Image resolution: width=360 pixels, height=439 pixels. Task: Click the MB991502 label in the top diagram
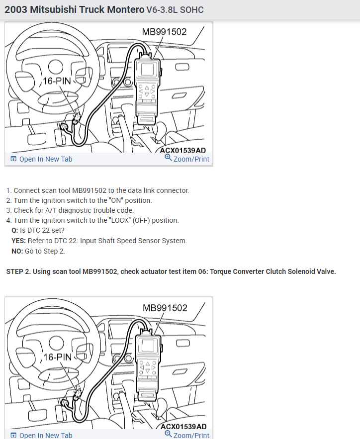pyautogui.click(x=164, y=32)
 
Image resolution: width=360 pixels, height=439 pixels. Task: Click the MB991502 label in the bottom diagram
pyautogui.click(x=165, y=308)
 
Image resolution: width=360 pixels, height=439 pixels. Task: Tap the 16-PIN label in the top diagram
pyautogui.click(x=57, y=81)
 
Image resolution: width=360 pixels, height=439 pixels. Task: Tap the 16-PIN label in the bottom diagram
pyautogui.click(x=58, y=357)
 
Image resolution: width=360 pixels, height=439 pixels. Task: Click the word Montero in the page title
pyautogui.click(x=126, y=9)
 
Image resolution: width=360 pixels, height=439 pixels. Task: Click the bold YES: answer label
pyautogui.click(x=18, y=241)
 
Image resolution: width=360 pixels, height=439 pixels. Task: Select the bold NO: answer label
pyautogui.click(x=17, y=251)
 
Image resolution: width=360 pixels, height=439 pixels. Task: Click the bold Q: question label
pyautogui.click(x=14, y=230)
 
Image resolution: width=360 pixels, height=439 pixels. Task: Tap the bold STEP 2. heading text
pyautogui.click(x=18, y=271)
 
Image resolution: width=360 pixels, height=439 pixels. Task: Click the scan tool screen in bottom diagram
pyautogui.click(x=148, y=346)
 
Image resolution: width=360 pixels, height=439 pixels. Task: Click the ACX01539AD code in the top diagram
pyautogui.click(x=183, y=150)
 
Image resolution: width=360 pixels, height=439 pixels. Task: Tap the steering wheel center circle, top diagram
pyautogui.click(x=56, y=67)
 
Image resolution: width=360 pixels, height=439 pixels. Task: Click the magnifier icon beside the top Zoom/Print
pyautogui.click(x=168, y=157)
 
